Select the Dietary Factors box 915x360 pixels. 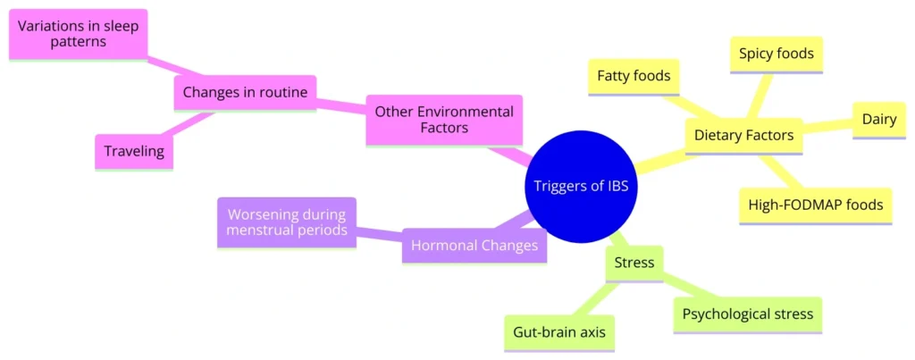[743, 135]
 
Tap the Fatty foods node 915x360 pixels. [634, 76]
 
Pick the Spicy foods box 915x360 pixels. [776, 54]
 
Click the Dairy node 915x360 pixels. [879, 120]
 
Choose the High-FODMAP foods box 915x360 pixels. [816, 205]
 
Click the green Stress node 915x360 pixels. [634, 263]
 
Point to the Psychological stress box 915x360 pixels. [747, 314]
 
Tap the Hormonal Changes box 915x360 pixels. [474, 245]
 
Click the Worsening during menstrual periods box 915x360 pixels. [287, 222]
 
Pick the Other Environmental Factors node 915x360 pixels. [444, 121]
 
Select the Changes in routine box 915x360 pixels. [245, 92]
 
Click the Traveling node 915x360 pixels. [134, 151]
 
